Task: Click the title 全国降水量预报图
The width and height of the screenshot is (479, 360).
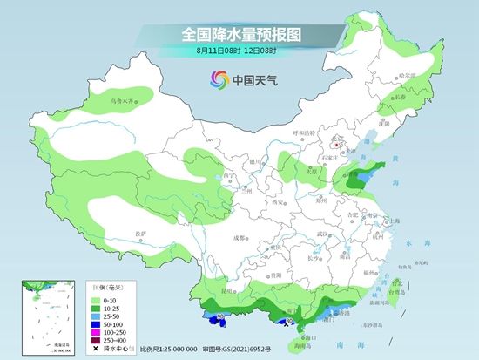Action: click(x=239, y=35)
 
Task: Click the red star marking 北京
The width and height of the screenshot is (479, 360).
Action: click(x=337, y=137)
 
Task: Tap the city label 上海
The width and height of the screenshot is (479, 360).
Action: click(x=395, y=221)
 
